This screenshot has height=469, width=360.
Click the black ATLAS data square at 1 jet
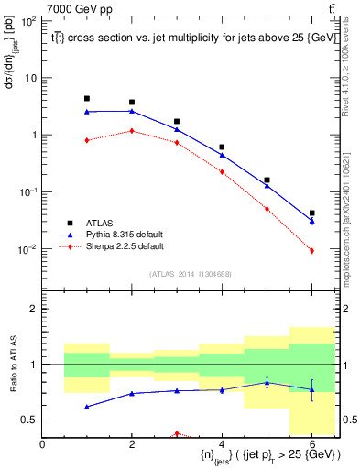[x=87, y=98]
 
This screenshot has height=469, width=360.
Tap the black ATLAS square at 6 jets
[x=311, y=213]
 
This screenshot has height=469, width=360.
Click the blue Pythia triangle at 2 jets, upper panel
[x=132, y=111]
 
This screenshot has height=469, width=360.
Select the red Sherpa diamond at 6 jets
[x=311, y=250]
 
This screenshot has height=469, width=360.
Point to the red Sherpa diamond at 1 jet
[x=87, y=140]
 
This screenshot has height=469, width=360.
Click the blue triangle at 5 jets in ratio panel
[x=267, y=382]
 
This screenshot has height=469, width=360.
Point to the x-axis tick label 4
[x=222, y=444]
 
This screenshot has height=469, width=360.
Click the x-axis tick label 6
[x=311, y=444]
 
